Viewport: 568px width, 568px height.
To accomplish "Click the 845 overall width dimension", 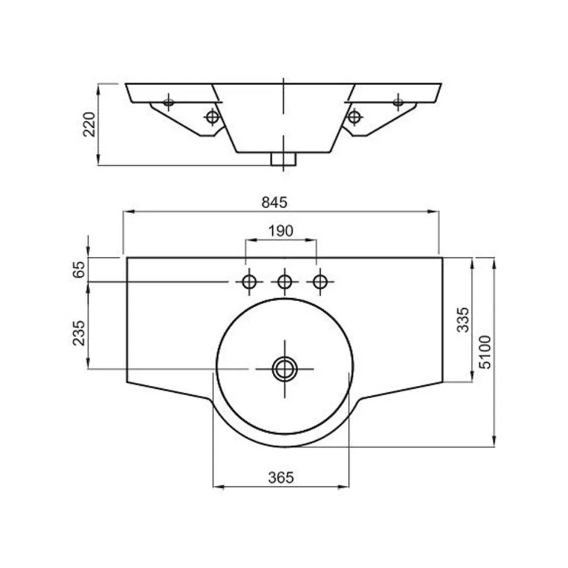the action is [275, 202].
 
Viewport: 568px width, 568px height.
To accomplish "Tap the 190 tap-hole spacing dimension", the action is [280, 231].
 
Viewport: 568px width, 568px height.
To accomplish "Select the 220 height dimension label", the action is [89, 124].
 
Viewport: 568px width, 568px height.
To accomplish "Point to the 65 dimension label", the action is [79, 269].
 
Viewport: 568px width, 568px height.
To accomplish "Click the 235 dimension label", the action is [79, 333].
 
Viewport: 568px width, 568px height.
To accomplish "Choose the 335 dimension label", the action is [463, 319].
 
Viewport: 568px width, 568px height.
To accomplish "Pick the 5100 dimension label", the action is [485, 352].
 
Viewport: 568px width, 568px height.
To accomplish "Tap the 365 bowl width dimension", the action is [280, 478].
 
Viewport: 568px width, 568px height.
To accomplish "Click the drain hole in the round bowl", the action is [285, 369].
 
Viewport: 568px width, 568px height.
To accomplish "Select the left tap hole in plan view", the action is [249, 282].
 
